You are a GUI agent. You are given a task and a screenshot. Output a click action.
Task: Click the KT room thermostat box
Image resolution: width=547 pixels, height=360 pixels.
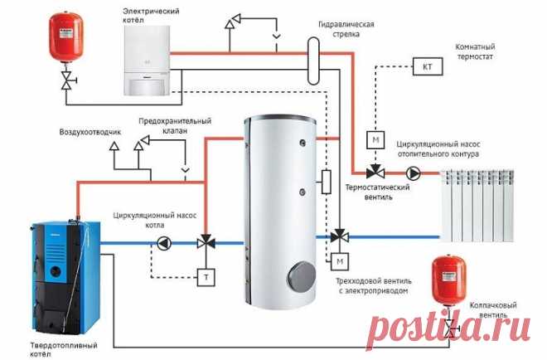(428, 66)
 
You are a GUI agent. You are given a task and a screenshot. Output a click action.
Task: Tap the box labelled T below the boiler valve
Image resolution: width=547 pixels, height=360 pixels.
(203, 276)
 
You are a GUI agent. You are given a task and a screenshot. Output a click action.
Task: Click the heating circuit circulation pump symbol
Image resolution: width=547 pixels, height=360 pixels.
(412, 173)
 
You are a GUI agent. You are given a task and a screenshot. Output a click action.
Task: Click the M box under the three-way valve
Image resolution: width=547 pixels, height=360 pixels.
(339, 263)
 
